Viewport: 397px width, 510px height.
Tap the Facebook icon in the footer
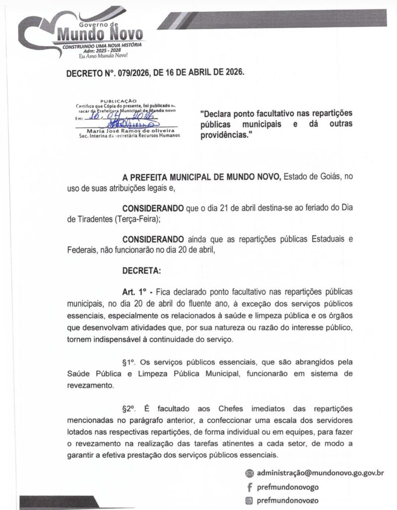[x=249, y=487]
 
